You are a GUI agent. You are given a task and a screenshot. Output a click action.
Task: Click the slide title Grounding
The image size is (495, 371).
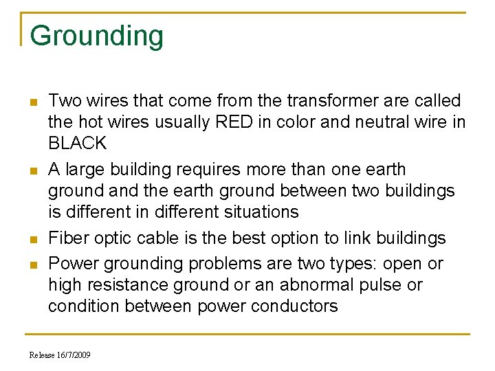pyautogui.click(x=97, y=36)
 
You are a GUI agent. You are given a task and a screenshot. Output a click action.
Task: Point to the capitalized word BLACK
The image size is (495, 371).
pyautogui.click(x=77, y=144)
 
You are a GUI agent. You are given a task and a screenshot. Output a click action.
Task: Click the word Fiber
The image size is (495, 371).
pyautogui.click(x=67, y=238)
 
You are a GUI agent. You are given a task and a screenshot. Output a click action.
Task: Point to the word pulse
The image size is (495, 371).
pyautogui.click(x=385, y=284)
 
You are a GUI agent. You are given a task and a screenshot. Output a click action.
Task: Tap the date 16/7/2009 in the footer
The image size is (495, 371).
pyautogui.click(x=74, y=355)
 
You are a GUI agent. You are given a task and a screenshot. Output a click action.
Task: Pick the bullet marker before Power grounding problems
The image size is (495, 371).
pyautogui.click(x=32, y=265)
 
